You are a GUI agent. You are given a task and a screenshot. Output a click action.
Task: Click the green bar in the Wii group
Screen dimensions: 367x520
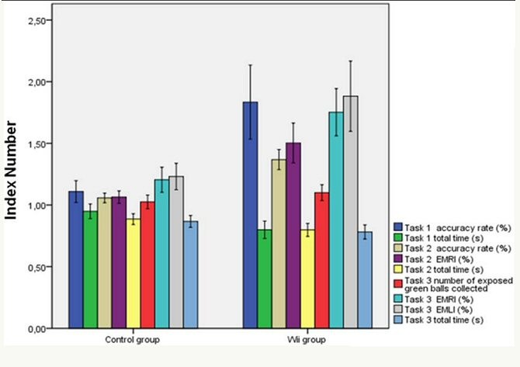coord(265,279)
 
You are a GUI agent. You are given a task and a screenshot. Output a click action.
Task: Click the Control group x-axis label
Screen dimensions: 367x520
coord(129,341)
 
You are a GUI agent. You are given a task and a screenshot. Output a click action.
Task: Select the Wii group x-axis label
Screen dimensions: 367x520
coord(319,341)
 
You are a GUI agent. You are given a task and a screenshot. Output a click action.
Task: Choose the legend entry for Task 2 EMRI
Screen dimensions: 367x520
coord(449,258)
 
